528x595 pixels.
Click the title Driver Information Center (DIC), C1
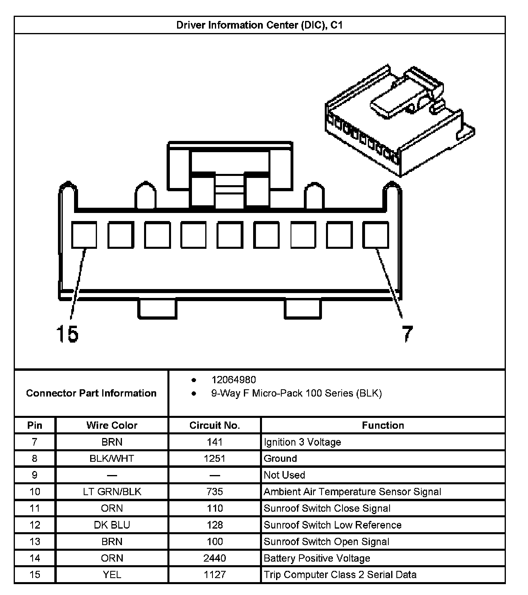coord(260,25)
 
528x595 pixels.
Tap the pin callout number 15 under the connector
coord(67,334)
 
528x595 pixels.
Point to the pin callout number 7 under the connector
coord(407,334)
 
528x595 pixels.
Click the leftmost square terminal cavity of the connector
coord(84,235)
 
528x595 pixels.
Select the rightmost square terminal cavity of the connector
coord(376,235)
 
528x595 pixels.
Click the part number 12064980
coord(234,380)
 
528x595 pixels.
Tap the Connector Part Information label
coord(91,393)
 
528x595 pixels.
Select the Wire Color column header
coord(112,426)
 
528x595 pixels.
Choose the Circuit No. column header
coord(214,426)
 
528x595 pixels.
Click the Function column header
coord(383,426)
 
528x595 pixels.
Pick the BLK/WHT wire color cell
coord(112,459)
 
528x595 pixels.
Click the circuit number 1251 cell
coord(214,459)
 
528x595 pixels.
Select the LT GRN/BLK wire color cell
coord(112,492)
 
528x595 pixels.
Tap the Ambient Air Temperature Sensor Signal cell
coord(352,492)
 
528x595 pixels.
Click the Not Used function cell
coord(284,475)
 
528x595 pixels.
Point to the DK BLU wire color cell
coord(112,525)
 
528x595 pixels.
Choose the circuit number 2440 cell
coord(214,558)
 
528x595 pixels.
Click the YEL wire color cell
coord(112,574)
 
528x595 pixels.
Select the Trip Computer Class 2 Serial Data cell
coord(340,574)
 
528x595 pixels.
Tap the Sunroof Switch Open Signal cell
coord(326,541)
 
